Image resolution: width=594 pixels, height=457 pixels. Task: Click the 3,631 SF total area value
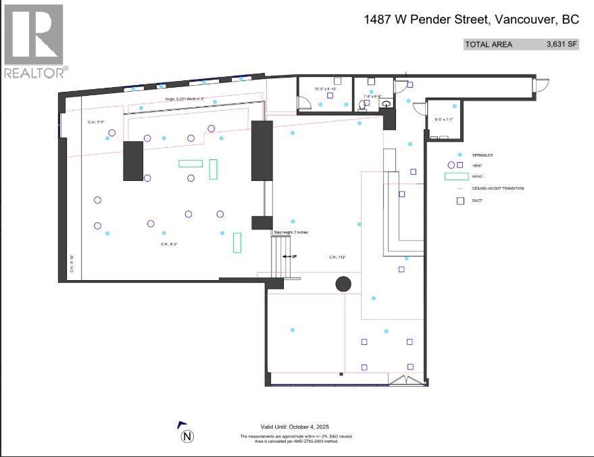click(562, 45)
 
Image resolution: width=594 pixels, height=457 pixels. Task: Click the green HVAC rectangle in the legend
click(456, 176)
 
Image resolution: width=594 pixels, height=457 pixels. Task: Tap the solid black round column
click(343, 284)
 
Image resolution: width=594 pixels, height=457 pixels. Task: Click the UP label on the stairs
click(294, 257)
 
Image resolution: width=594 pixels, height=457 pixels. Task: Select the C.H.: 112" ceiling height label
click(338, 257)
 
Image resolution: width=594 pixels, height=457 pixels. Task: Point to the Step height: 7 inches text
click(291, 232)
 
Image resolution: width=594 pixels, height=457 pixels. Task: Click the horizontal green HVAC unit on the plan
click(191, 163)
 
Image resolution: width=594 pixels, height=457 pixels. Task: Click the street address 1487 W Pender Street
click(470, 20)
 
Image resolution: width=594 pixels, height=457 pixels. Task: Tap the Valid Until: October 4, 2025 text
click(293, 427)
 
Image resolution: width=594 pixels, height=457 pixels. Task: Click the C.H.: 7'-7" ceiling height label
click(97, 122)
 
